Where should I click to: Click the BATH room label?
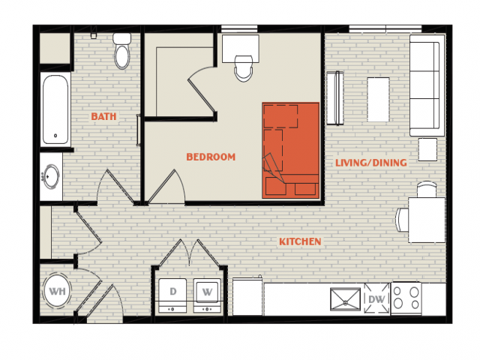pos(103,117)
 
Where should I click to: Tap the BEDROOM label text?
pos(211,157)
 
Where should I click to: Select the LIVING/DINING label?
pos(371,163)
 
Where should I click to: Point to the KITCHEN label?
pos(300,241)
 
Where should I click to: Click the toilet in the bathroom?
pos(121,51)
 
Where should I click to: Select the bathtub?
pos(55,110)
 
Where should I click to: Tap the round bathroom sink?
pos(51,177)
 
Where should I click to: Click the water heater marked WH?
pos(57,291)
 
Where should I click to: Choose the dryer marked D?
pos(172,295)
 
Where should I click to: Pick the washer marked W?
pos(207,295)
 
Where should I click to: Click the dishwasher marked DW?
pos(376,298)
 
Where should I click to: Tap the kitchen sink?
pos(345,299)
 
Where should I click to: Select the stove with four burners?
pos(406,298)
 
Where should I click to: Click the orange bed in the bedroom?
pos(290,150)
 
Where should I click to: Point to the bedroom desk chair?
pos(244,68)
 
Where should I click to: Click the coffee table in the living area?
pos(378,100)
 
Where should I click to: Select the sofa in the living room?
pos(427,85)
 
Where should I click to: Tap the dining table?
pos(427,220)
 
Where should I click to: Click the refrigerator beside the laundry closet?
pos(247,296)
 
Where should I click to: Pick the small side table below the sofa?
pos(427,149)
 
